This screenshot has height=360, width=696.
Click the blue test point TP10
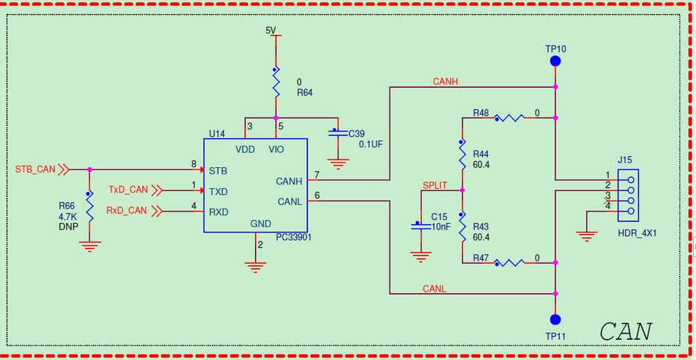pyautogui.click(x=555, y=61)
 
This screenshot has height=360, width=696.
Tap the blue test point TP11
pyautogui.click(x=555, y=320)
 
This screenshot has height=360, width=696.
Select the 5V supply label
pyautogui.click(x=271, y=30)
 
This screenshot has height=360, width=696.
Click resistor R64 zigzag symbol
pyautogui.click(x=276, y=84)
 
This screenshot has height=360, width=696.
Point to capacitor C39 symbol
pyautogui.click(x=337, y=132)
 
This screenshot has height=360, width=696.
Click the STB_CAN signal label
pyautogui.click(x=35, y=169)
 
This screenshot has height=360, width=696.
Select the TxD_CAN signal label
pyautogui.click(x=128, y=189)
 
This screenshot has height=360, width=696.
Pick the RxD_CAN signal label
pyautogui.click(x=126, y=210)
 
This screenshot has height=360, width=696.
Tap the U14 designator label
pyautogui.click(x=217, y=133)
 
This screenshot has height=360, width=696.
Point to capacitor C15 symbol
pyautogui.click(x=420, y=225)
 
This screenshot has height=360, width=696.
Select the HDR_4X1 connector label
pyautogui.click(x=637, y=234)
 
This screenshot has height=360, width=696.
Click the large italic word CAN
pyautogui.click(x=626, y=331)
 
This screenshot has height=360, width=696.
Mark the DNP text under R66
pyautogui.click(x=68, y=227)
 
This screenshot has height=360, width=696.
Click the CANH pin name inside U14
pyautogui.click(x=289, y=181)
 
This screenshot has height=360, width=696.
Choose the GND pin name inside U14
pyautogui.click(x=260, y=224)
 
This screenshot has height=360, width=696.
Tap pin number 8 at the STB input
pyautogui.click(x=194, y=164)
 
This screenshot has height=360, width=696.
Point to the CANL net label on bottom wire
pyautogui.click(x=434, y=288)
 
